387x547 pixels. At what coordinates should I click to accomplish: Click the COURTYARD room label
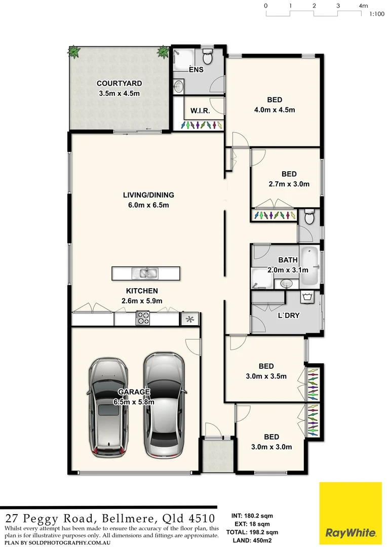pos(119,83)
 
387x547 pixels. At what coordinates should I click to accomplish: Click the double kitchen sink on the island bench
pos(145,273)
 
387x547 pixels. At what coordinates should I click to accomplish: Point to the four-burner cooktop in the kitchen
pos(143,319)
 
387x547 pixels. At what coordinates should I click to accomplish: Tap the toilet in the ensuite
pos(208,54)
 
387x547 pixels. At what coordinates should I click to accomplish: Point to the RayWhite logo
pos(351,513)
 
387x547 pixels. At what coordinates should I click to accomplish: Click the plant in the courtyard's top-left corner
pos(74,51)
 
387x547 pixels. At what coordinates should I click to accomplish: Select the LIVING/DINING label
pos(148,195)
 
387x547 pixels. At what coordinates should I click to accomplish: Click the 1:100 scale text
pos(376,15)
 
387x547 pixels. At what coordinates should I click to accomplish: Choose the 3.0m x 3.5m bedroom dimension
pos(266,376)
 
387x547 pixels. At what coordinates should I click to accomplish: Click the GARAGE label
pos(134,392)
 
